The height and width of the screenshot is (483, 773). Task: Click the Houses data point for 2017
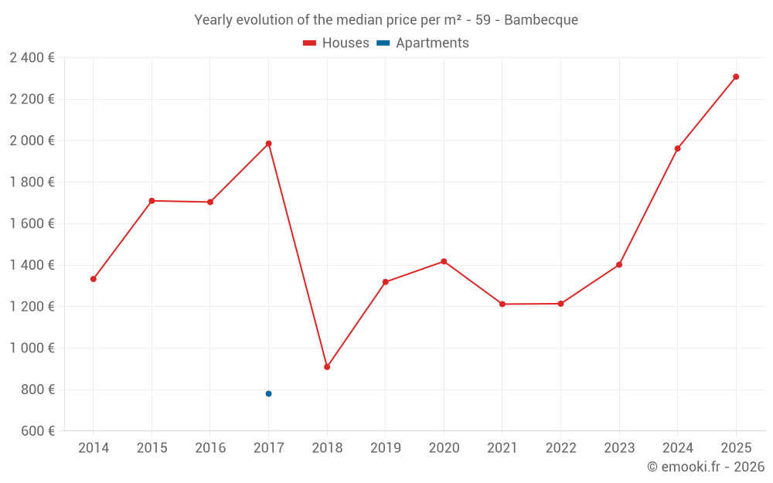click(x=268, y=144)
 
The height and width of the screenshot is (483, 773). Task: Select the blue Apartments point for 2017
click(x=268, y=393)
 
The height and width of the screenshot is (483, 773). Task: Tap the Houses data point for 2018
click(x=327, y=367)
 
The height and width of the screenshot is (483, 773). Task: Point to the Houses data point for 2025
click(x=736, y=77)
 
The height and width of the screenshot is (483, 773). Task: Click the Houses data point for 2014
click(x=94, y=279)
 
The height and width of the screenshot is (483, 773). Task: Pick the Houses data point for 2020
click(x=444, y=261)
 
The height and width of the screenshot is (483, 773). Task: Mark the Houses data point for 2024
click(x=677, y=148)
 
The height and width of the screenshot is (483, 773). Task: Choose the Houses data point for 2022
click(x=560, y=304)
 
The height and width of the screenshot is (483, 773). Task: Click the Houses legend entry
click(x=336, y=43)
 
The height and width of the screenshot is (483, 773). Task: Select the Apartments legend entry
click(x=424, y=43)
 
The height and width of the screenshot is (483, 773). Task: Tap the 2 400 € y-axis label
click(x=32, y=57)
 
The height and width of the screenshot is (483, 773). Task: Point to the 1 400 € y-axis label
click(x=32, y=265)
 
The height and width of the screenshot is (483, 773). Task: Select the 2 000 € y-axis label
click(x=32, y=141)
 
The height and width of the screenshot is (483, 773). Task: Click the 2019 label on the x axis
click(x=385, y=448)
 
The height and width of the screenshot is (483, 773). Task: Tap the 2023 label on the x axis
click(x=619, y=448)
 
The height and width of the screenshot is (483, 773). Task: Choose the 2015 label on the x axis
click(x=152, y=448)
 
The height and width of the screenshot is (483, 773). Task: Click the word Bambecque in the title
click(x=540, y=20)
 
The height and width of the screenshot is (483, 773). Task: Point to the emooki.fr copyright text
click(x=706, y=467)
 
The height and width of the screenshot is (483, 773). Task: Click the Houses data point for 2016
click(x=210, y=202)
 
